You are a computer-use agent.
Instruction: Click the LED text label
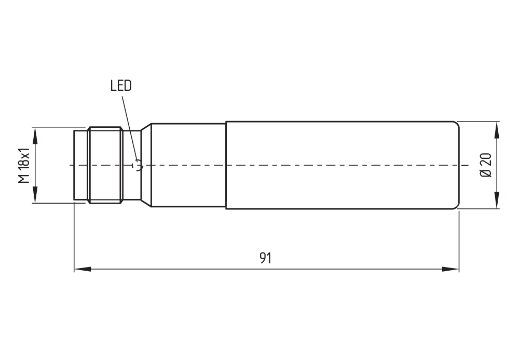(121, 86)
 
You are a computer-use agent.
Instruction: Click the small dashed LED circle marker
(138, 165)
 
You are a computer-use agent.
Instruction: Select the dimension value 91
(266, 258)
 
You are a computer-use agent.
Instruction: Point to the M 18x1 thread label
(23, 165)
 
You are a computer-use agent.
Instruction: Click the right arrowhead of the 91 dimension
(450, 269)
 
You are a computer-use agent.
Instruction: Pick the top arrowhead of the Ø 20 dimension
(497, 129)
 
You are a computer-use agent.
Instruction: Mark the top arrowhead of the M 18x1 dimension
(35, 135)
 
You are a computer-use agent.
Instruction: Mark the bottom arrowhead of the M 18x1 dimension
(35, 195)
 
